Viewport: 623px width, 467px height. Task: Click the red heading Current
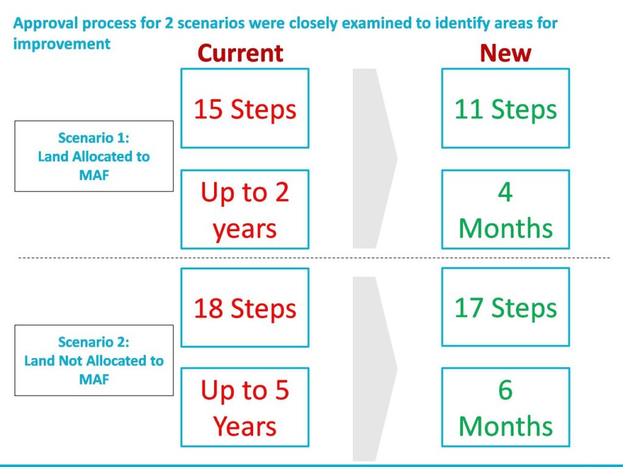coord(240,54)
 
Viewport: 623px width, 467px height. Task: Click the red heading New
coord(506,54)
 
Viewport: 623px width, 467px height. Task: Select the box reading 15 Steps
coord(245,108)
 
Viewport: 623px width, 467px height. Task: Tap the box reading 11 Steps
coord(506,108)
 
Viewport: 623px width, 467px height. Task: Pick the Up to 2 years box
coord(245,210)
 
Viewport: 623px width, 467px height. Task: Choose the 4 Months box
coord(506,210)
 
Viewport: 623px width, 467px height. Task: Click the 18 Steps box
coord(245,308)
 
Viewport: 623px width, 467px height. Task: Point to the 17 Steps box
coord(506,307)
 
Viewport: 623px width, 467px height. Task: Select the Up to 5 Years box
coord(245,407)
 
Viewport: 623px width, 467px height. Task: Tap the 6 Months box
coord(506,407)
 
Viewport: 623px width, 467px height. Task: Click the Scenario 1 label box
coord(94,156)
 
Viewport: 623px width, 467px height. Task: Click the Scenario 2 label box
coord(94,360)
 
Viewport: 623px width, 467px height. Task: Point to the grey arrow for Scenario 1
coord(375,159)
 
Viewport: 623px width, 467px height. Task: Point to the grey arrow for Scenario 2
coord(375,369)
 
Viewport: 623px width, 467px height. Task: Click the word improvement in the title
coord(61,44)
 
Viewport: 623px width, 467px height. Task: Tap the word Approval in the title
coord(45,24)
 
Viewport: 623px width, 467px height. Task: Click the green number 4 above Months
coord(505,193)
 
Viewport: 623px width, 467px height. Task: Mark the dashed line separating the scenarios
coord(314,258)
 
